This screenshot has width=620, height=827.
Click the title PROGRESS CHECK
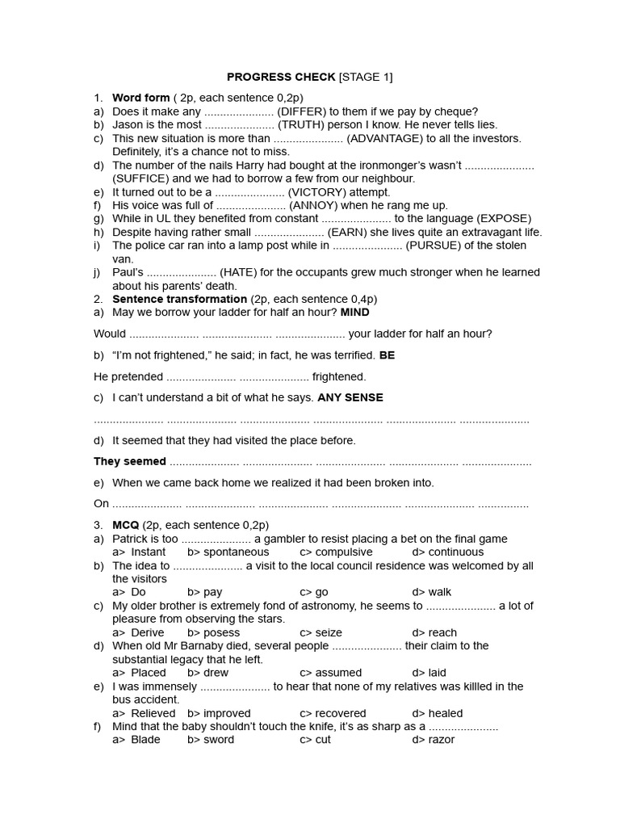click(x=281, y=78)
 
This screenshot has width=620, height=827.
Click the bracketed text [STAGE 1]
click(x=366, y=78)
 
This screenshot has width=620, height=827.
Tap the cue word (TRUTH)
click(x=304, y=125)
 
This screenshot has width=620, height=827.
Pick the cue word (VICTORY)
click(x=317, y=192)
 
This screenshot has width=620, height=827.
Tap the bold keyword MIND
click(x=355, y=313)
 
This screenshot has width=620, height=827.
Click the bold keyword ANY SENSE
click(x=350, y=397)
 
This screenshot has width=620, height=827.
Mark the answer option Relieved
click(x=153, y=713)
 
